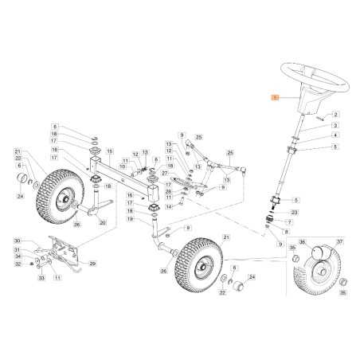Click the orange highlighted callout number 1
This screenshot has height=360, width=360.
276,98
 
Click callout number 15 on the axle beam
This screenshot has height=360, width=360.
112,151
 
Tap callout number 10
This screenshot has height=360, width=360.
123,166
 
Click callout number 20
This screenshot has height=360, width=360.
102,223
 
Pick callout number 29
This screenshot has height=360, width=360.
92,264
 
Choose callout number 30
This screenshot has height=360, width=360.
17,241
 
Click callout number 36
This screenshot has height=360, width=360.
303,243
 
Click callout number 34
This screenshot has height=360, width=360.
17,256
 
